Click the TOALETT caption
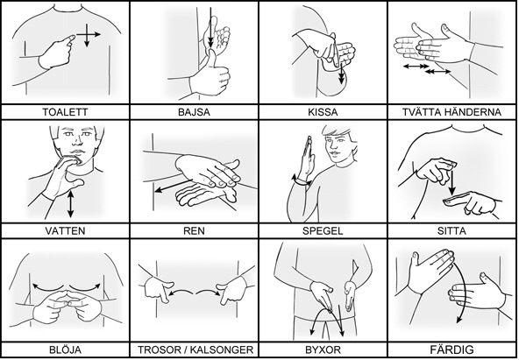pos(66,112)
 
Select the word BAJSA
pos(195,112)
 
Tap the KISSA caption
pos(323,112)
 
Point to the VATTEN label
pos(66,231)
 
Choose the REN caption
pos(195,231)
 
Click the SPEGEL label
pos(323,231)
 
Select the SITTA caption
pos(451,231)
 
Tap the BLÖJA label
pos(66,350)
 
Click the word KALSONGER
pos(222,350)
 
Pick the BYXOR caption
pos(323,350)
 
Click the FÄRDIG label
pos(451,350)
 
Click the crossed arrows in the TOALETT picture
pos(87,34)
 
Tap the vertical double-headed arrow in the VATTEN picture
pos(70,204)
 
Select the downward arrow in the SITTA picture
pos(452,183)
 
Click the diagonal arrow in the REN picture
pos(174,186)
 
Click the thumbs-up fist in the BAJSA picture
pos(210,77)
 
